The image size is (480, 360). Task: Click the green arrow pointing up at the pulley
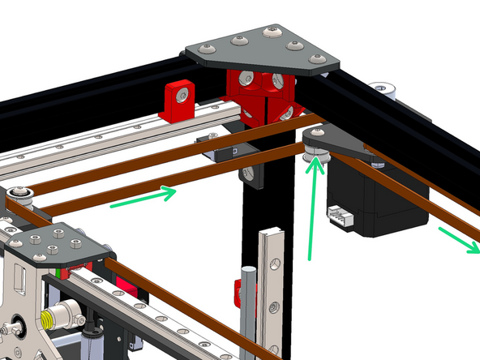click(x=311, y=211)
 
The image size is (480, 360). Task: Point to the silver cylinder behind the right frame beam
click(x=381, y=88)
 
